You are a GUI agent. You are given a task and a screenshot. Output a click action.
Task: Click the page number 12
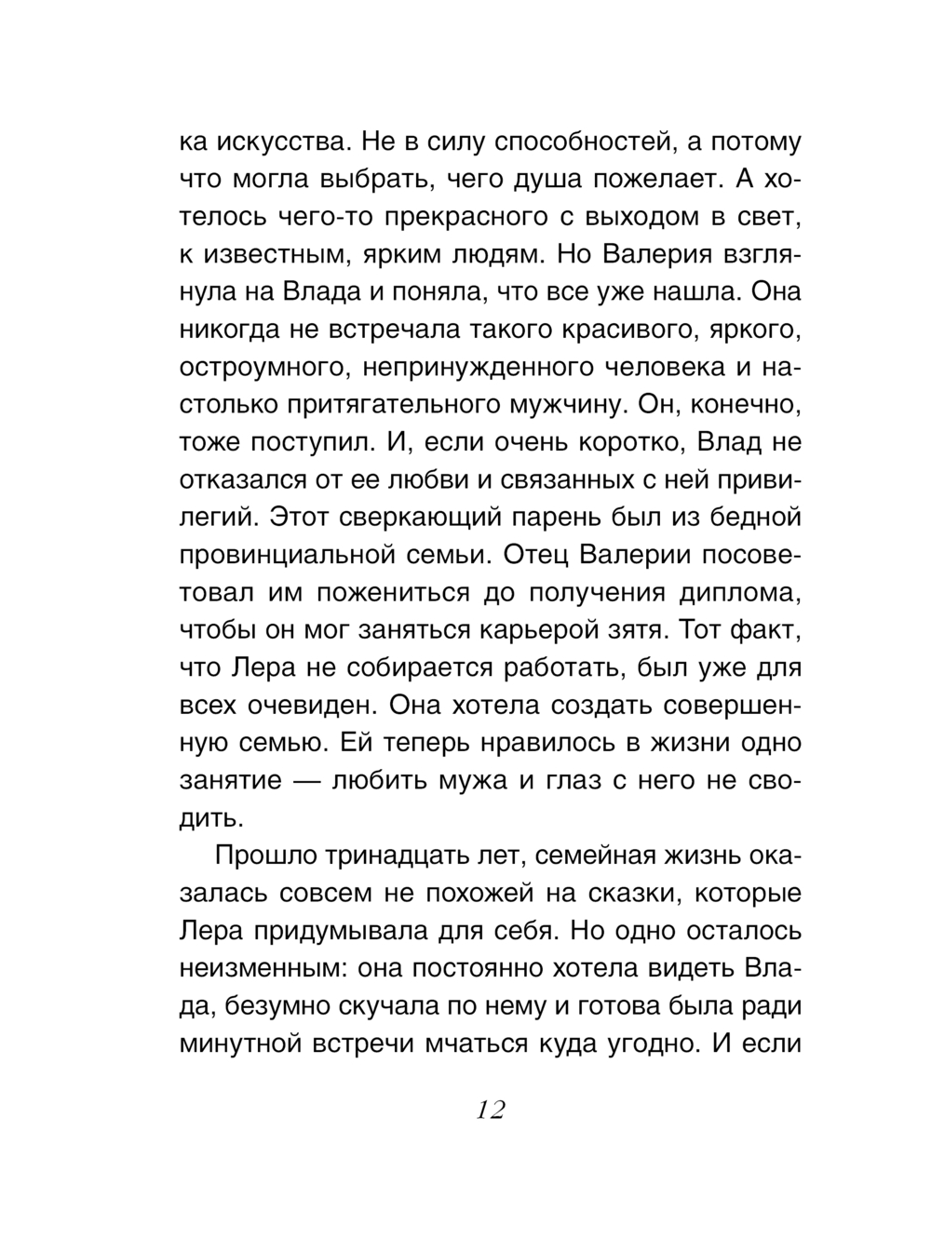490,1110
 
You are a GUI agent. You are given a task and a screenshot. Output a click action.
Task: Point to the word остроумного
264,368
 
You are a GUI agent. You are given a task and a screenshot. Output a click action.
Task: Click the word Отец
534,555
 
